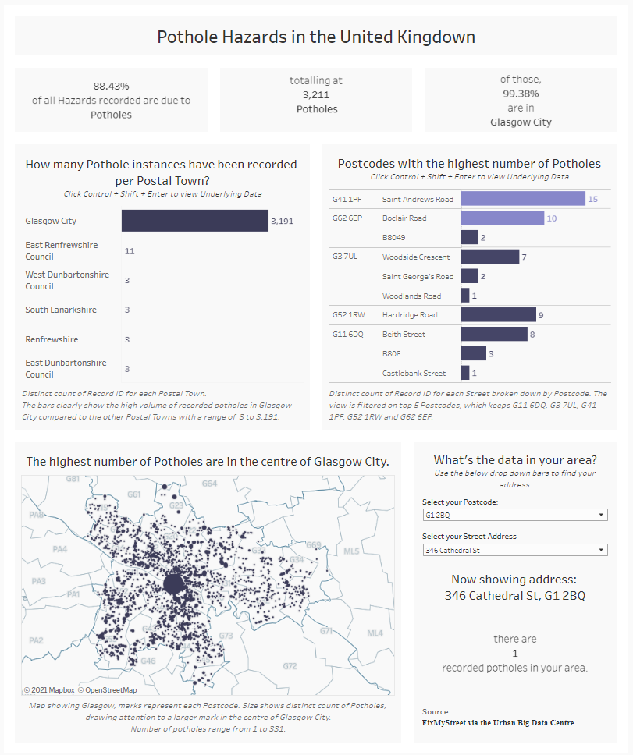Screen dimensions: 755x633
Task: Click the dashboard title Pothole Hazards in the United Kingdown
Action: (316, 37)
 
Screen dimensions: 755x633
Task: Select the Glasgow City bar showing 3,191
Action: (194, 221)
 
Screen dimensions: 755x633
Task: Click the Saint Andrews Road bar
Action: (523, 199)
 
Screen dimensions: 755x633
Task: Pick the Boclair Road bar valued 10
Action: (502, 218)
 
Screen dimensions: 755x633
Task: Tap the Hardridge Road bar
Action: (498, 315)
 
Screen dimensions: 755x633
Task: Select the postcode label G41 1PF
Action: (347, 199)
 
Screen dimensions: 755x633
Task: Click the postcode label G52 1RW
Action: (348, 315)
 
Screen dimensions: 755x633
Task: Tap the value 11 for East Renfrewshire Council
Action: (130, 251)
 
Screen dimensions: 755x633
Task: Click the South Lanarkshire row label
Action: (61, 310)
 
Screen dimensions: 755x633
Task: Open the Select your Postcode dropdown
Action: (514, 516)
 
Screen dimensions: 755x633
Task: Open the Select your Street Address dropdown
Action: (514, 550)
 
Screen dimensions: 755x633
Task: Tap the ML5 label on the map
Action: (352, 551)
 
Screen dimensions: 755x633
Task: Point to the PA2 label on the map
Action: (36, 640)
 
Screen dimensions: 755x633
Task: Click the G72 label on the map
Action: (290, 666)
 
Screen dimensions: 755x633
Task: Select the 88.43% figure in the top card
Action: (111, 86)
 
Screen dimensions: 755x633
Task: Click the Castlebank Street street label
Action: (414, 373)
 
